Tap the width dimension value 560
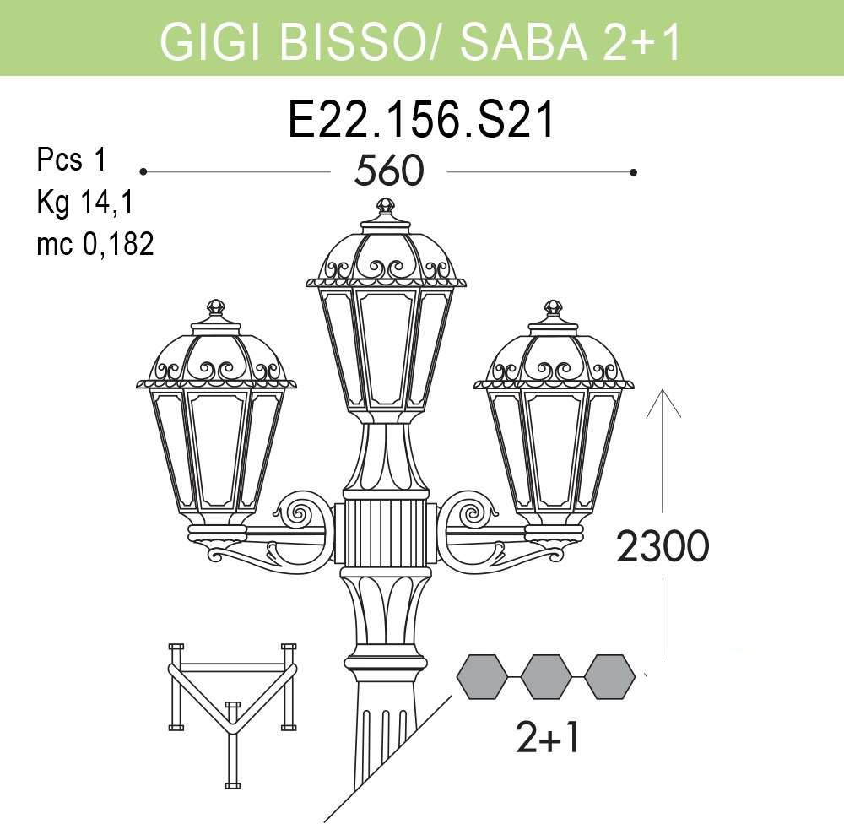388,171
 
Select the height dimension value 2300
663,545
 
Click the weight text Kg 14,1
84,203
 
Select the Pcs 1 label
72,160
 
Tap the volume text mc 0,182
95,243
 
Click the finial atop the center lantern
386,206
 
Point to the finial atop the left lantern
216,307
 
